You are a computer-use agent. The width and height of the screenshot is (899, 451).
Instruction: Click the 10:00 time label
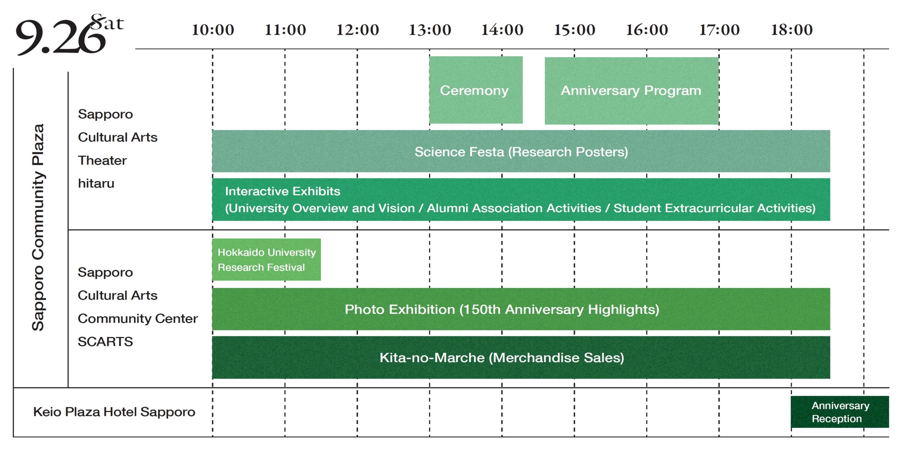click(x=213, y=30)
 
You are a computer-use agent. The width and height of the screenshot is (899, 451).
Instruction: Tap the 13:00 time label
click(x=430, y=30)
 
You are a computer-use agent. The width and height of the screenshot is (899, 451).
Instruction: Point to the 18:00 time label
click(x=792, y=30)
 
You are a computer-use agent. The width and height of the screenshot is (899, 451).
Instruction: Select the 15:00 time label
click(x=575, y=30)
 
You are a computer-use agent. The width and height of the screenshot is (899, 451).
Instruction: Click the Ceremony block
click(x=476, y=90)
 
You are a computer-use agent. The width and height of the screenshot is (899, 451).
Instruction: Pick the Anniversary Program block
click(x=632, y=91)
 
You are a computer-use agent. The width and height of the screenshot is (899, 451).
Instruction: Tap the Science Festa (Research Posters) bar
click(x=521, y=151)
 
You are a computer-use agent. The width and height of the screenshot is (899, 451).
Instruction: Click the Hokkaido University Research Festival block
click(x=267, y=259)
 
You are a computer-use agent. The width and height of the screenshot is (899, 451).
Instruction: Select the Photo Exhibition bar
click(x=521, y=309)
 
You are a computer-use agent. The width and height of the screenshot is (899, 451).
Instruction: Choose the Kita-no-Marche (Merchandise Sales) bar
click(x=521, y=357)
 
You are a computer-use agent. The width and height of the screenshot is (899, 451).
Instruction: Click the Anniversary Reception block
click(x=840, y=412)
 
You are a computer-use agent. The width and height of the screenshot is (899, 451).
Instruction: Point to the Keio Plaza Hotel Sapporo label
click(x=114, y=412)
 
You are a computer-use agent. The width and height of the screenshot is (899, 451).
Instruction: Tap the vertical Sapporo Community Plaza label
click(x=38, y=227)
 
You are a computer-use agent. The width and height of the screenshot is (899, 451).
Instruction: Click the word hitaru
click(x=96, y=183)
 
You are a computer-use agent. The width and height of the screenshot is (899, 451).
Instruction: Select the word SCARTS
click(x=105, y=341)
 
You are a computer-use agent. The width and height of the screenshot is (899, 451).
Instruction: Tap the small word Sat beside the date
click(x=107, y=22)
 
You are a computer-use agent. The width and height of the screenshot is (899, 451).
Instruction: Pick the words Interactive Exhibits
click(x=283, y=191)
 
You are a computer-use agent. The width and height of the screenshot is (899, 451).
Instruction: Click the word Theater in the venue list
click(x=102, y=160)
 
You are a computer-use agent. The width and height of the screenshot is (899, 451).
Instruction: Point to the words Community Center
click(x=138, y=318)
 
